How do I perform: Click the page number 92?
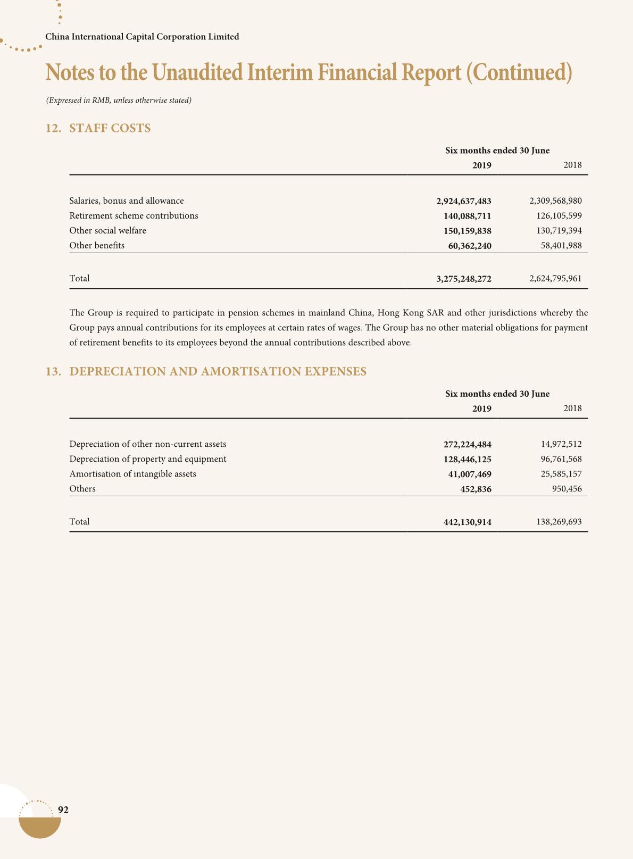coord(63,810)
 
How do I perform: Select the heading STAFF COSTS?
coord(110,128)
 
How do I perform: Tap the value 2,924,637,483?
coord(463,201)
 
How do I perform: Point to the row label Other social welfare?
coord(107,231)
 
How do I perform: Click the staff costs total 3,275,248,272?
coord(463,279)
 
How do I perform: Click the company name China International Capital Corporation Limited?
coord(142,37)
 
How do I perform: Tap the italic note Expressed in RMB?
coord(119,100)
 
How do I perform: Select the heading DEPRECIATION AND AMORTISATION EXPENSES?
coord(218,371)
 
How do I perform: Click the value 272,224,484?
coord(467,444)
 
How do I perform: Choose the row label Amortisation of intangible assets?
coord(132,474)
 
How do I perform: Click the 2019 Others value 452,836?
coord(476,489)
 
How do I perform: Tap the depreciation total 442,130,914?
coord(467,522)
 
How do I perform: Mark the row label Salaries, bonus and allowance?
coord(127,201)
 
